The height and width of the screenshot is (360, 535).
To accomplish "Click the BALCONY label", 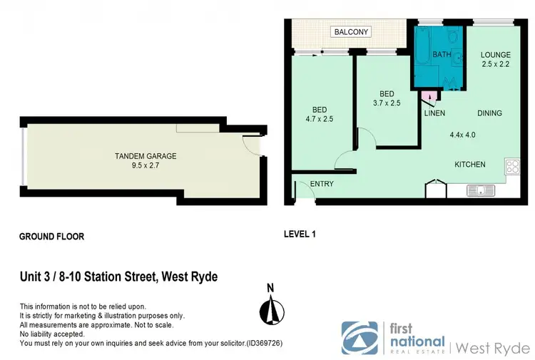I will point(350,32).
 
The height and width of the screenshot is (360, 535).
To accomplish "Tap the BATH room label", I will point(442,54).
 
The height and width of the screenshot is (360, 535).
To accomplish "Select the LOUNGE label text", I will point(495,54).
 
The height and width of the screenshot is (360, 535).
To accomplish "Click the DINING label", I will point(489,113).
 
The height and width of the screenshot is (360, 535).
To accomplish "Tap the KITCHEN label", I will point(470,165).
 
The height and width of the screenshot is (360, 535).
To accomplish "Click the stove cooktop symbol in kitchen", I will point(512,168).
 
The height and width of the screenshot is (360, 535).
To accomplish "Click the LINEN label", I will point(434,113).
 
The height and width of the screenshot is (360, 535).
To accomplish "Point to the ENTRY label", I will point(322,184).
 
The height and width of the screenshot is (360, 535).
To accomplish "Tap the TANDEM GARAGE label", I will point(146,156).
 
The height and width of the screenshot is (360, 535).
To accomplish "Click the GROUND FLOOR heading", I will point(51,236).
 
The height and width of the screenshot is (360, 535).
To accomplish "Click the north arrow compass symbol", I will point(270,310).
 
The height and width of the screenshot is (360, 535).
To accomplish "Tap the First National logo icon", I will point(360,338).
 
